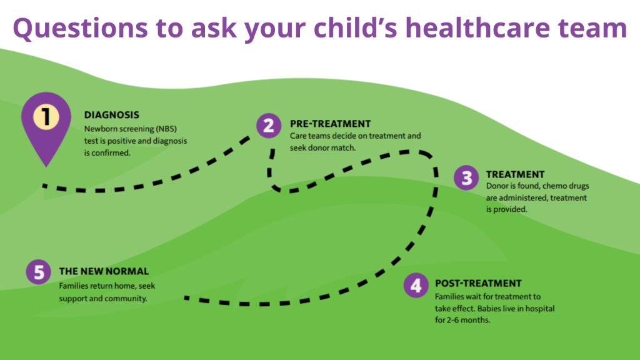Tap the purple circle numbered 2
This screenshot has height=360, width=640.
[x=268, y=126]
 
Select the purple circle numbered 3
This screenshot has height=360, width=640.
[x=466, y=177]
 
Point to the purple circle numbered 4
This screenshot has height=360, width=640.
[x=415, y=286]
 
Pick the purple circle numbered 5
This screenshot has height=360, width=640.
[x=38, y=272]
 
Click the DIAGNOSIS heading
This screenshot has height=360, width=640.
[x=112, y=115]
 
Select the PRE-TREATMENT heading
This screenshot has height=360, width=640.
[x=330, y=124]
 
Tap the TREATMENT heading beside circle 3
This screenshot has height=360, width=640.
[x=515, y=174]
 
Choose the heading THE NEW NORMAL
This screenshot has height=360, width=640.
[x=104, y=271]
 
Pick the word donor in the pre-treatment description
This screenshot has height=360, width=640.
[x=317, y=148]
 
